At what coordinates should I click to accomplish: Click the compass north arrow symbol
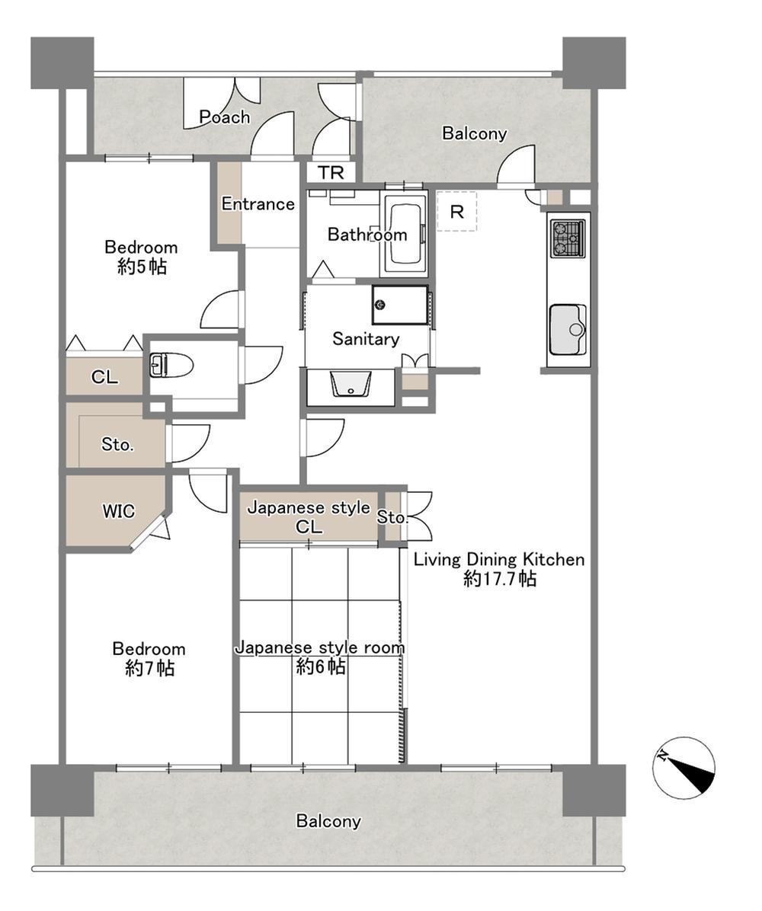684,768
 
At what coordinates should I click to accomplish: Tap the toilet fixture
171,366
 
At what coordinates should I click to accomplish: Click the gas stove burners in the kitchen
568,238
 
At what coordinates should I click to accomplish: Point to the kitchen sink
568,329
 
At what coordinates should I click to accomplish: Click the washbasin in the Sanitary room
351,384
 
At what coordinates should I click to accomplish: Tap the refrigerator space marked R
457,212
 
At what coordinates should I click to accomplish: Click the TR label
331,173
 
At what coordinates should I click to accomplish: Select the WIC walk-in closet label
119,511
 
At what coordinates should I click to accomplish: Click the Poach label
224,117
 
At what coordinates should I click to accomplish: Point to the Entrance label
258,204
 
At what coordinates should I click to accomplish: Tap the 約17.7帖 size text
500,579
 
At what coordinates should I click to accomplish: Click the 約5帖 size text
142,267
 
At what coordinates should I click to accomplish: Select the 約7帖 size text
150,668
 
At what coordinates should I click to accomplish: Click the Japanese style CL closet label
309,517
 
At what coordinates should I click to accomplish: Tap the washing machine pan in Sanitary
401,305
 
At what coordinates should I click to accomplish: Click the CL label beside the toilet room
104,377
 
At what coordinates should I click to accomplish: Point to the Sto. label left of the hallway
117,445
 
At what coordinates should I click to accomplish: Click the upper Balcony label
474,133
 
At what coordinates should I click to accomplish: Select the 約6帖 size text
321,666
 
